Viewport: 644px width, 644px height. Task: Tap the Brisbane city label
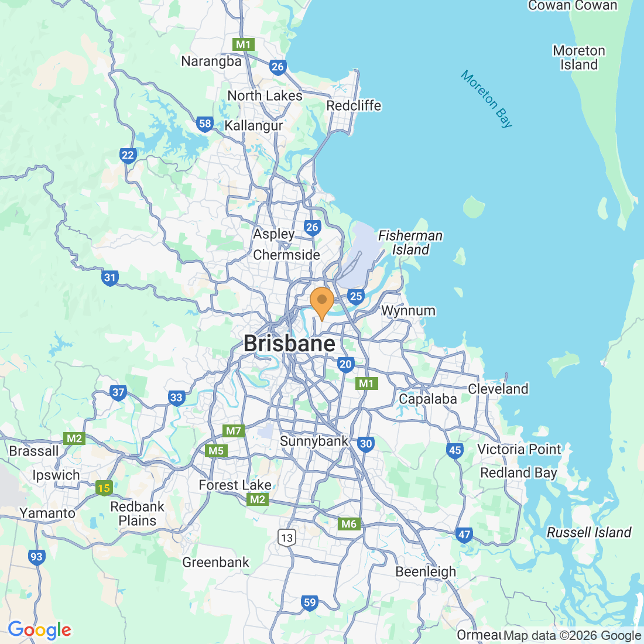tap(289, 344)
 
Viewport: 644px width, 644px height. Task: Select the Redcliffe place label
tap(354, 106)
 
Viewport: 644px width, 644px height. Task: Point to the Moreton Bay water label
tap(487, 99)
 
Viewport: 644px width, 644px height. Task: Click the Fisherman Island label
tap(410, 242)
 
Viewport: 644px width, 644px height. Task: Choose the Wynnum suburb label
tap(408, 311)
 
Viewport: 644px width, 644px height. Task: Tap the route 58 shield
tap(205, 124)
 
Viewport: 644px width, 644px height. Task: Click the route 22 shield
tap(128, 155)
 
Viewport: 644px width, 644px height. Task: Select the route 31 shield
tap(110, 278)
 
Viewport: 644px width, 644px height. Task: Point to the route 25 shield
tap(356, 296)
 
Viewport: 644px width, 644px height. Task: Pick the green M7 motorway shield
tap(234, 431)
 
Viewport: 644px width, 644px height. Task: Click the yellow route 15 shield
tap(104, 488)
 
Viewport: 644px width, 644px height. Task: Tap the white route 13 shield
tap(286, 537)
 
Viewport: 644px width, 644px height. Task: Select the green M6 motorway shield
tap(348, 524)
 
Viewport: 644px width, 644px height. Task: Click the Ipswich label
tap(56, 475)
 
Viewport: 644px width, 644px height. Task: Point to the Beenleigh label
tap(426, 571)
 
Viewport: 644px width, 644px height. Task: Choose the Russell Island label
tap(589, 532)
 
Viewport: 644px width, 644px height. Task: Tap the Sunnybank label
tap(314, 441)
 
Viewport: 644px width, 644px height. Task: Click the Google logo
tap(39, 630)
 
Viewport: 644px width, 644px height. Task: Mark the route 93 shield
tap(36, 556)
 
